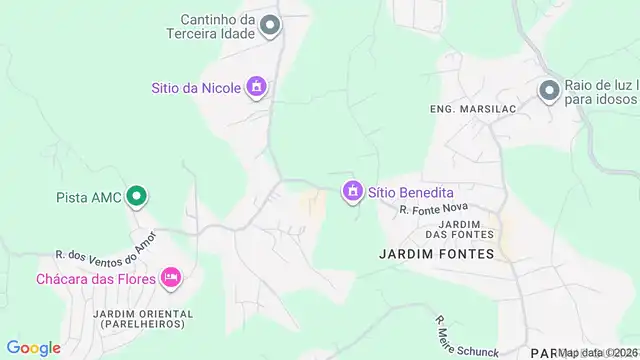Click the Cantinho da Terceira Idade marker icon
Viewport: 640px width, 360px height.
[x=269, y=26]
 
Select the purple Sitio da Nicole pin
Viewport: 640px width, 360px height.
[x=257, y=87]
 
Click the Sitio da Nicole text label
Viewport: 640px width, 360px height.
[x=196, y=88]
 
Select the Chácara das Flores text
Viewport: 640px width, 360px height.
[x=96, y=278]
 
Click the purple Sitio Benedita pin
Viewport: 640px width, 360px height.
[x=352, y=190]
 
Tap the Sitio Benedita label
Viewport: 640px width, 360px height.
[x=411, y=191]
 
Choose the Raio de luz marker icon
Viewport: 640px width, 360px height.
[x=549, y=92]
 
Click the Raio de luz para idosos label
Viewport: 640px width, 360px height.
[x=600, y=93]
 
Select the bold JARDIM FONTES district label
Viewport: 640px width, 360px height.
[x=437, y=254]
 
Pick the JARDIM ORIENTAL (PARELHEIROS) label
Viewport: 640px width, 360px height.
[x=144, y=318]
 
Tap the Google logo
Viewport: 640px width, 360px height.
[x=34, y=348]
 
